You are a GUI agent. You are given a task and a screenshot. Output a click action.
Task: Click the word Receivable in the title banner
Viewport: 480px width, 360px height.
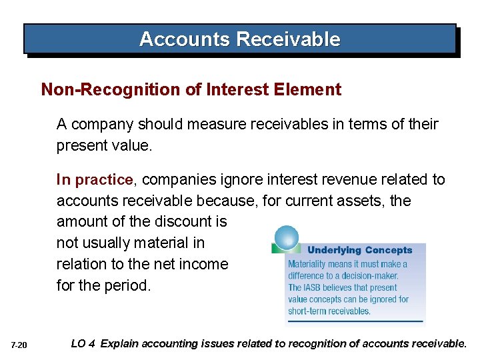pyautogui.click(x=287, y=39)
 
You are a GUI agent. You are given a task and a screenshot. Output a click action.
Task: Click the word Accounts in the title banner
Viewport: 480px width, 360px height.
pyautogui.click(x=184, y=39)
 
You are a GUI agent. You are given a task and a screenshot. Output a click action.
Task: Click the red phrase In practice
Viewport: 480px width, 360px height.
pyautogui.click(x=95, y=180)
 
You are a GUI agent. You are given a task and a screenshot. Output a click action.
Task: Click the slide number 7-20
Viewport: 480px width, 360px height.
pyautogui.click(x=19, y=345)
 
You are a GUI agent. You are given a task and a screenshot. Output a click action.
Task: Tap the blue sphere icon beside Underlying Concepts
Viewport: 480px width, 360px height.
pyautogui.click(x=287, y=238)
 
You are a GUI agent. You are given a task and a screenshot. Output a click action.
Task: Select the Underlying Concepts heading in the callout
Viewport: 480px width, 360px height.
pyautogui.click(x=359, y=250)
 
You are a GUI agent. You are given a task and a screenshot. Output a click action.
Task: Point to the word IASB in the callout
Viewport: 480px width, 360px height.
pyautogui.click(x=317, y=288)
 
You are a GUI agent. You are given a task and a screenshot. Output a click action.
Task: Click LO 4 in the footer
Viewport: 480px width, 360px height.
pyautogui.click(x=83, y=344)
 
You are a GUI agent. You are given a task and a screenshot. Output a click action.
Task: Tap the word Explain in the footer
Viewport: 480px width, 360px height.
pyautogui.click(x=123, y=344)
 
